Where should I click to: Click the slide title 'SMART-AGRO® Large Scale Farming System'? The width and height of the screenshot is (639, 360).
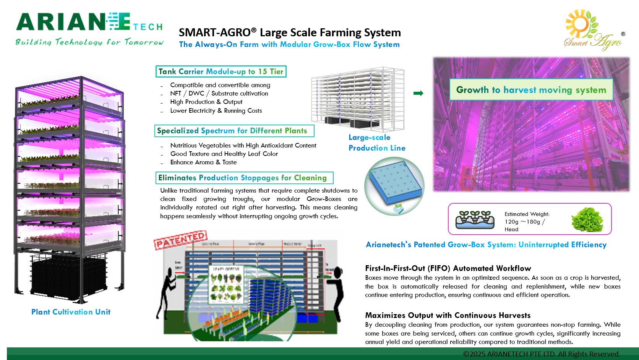(290, 32)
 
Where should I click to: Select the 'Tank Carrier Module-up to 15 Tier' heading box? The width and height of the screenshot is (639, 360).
(221, 71)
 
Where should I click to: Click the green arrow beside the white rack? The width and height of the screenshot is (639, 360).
(418, 93)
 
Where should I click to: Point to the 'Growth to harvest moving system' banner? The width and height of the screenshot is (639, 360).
(531, 90)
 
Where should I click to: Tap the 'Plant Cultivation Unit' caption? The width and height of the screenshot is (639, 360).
(71, 312)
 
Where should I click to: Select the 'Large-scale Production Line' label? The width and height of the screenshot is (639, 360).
(376, 143)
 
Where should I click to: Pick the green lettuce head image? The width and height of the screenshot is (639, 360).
(587, 219)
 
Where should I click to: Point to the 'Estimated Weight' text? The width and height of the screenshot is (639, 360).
(527, 214)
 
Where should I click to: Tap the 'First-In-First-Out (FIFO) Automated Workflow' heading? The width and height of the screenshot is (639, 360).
(448, 268)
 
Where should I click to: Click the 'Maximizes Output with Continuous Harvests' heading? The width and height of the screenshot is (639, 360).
(448, 315)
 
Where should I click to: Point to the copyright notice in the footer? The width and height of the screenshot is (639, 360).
(541, 354)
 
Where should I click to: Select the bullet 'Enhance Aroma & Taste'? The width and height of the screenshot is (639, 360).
(203, 162)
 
